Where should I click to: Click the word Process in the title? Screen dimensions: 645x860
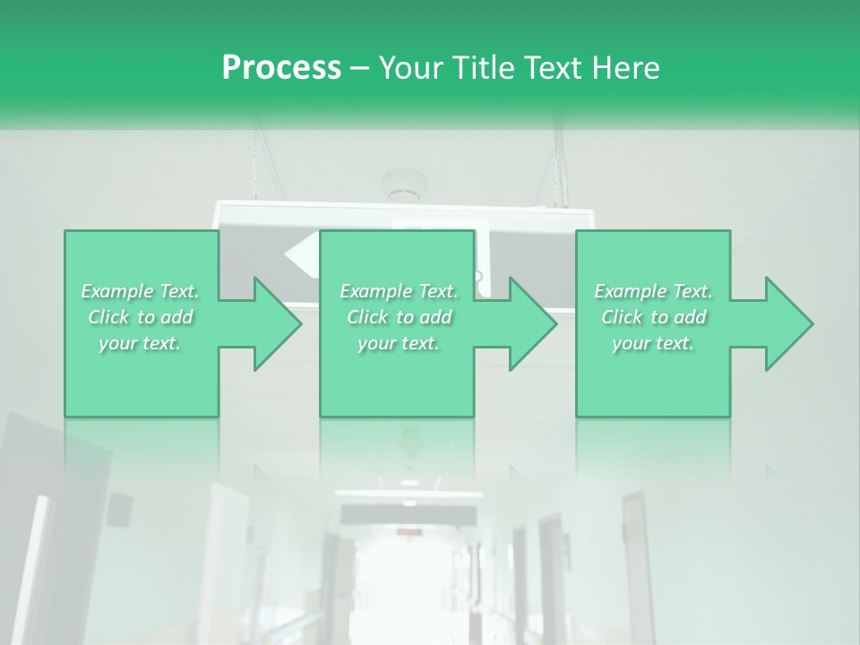pyautogui.click(x=281, y=68)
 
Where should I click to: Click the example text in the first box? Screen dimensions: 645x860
pyautogui.click(x=141, y=317)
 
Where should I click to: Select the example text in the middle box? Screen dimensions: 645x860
pyautogui.click(x=398, y=317)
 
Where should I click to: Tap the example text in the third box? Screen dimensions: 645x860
pyautogui.click(x=653, y=317)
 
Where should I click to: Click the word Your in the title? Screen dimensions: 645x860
pyautogui.click(x=409, y=68)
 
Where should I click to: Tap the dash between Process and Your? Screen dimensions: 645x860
pyautogui.click(x=359, y=68)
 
